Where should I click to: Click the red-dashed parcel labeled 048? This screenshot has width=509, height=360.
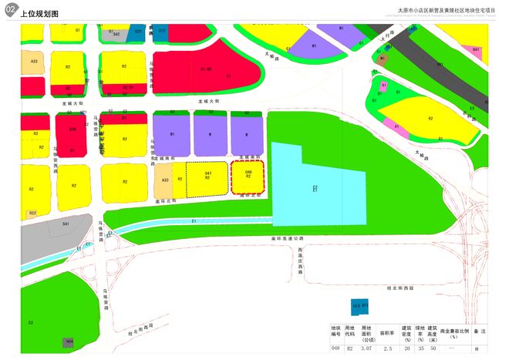pyautogui.click(x=248, y=176)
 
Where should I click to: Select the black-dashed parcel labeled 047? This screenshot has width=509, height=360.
pyautogui.click(x=207, y=177)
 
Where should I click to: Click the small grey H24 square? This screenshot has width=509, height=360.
pyautogui.click(x=69, y=340)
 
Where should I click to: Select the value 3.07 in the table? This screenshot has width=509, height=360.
pyautogui.click(x=366, y=348)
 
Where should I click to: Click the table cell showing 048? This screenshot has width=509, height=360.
pyautogui.click(x=335, y=348)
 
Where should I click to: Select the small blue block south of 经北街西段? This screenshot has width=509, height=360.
pyautogui.click(x=359, y=306)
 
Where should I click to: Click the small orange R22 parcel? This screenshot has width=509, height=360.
pyautogui.click(x=32, y=213)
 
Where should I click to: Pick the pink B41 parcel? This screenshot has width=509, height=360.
pyautogui.click(x=477, y=51)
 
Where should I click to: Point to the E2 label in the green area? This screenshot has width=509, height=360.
pyautogui.click(x=30, y=321)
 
